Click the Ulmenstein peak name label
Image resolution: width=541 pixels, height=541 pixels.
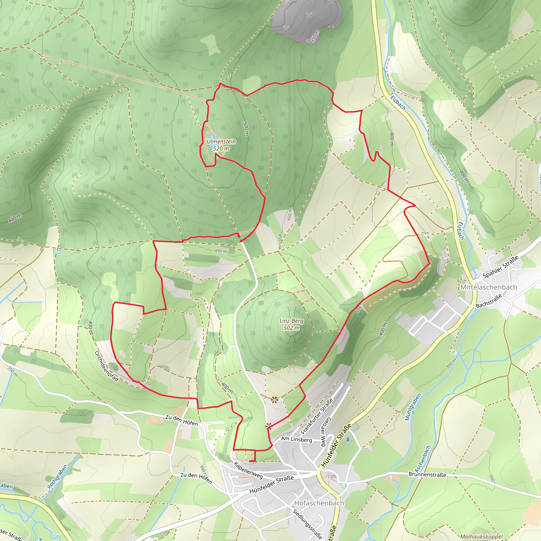(221, 141)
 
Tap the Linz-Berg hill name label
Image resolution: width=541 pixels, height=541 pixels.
(292, 321)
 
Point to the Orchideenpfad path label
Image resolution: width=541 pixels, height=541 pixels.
(107, 366)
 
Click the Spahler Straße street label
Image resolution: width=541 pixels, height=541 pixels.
(500, 267)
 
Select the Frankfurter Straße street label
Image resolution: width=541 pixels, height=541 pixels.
(317, 416)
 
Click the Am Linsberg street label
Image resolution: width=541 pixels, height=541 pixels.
(296, 439)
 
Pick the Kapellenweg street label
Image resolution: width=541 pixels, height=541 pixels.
(248, 470)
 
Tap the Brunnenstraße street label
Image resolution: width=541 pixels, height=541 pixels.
(427, 474)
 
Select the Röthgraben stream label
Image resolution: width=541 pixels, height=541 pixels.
(57, 477)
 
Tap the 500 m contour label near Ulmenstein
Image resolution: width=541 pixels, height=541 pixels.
(246, 129)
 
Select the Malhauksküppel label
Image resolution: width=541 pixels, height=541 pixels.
(481, 536)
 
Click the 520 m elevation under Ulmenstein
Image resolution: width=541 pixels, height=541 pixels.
(221, 148)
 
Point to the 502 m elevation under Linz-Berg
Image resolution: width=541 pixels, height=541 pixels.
(292, 328)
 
